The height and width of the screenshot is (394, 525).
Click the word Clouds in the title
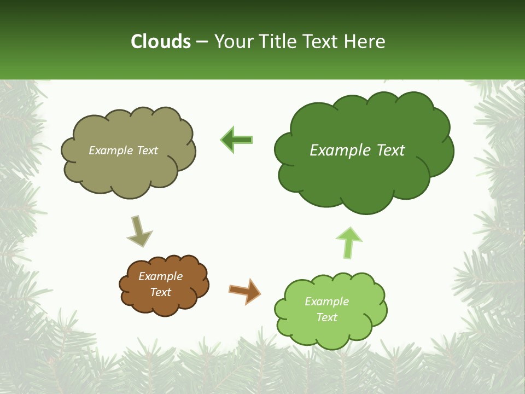pyautogui.click(x=160, y=42)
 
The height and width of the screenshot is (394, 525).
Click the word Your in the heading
pyautogui.click(x=234, y=42)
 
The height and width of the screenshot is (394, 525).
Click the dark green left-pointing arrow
pyautogui.click(x=236, y=140)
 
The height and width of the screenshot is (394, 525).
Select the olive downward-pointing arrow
pyautogui.click(x=139, y=231)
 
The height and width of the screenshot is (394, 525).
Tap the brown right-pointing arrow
pyautogui.click(x=244, y=291)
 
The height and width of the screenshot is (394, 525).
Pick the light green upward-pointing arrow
pyautogui.click(x=349, y=242)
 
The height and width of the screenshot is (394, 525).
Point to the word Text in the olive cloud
pyautogui.click(x=147, y=150)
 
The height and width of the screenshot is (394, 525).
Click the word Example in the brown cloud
pyautogui.click(x=160, y=276)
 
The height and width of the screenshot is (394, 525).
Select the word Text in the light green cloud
pyautogui.click(x=326, y=317)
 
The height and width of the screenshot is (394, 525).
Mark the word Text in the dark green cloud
pyautogui.click(x=392, y=150)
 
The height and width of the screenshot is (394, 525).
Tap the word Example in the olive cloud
pyautogui.click(x=111, y=150)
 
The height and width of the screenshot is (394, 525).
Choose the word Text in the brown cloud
pyautogui.click(x=160, y=292)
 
